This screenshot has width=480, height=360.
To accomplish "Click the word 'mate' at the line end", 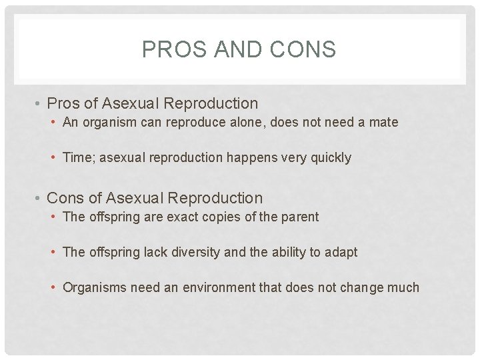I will tap(384, 123).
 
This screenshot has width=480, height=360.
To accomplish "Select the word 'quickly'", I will tap(329, 158).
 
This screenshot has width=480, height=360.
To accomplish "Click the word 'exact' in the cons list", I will tap(181, 217).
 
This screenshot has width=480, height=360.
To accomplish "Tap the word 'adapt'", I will tap(341, 252).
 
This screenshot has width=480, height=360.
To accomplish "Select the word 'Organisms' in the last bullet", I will tap(94, 288).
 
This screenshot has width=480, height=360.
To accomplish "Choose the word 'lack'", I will tap(151, 252).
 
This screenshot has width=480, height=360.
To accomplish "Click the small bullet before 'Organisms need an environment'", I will tap(54, 288).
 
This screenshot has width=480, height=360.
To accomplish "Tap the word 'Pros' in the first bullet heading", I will tap(63, 104).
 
